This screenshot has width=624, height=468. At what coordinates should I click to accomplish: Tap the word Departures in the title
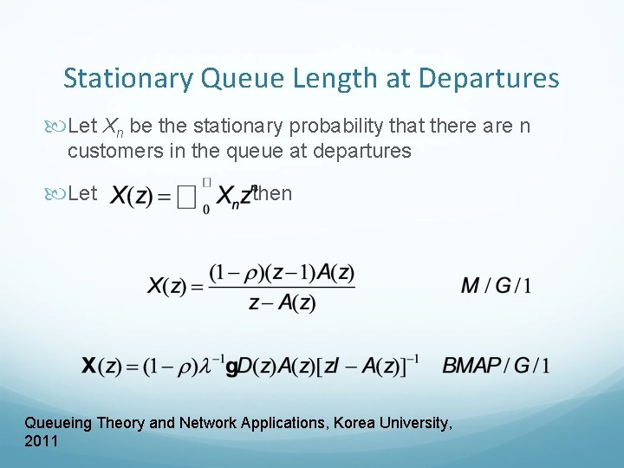tap(489, 79)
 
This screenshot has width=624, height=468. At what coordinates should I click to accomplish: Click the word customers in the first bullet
tap(110, 151)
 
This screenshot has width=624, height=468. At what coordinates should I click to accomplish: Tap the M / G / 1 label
tap(497, 285)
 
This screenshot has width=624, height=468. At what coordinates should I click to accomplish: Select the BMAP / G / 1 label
tap(495, 365)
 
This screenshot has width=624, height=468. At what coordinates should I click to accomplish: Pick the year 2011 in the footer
tap(42, 441)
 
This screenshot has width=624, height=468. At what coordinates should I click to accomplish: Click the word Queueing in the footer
tap(59, 423)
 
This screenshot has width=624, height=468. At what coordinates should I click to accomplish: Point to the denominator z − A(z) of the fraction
tap(282, 303)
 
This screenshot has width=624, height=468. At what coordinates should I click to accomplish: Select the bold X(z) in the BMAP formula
tap(102, 366)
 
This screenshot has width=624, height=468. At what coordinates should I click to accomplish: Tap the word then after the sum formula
tap(272, 193)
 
